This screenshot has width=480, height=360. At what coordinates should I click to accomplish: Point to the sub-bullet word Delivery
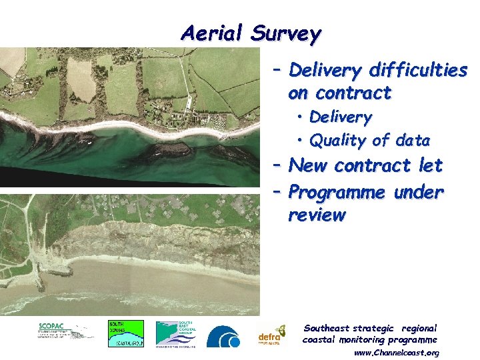340,117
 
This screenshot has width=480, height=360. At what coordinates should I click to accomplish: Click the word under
418,193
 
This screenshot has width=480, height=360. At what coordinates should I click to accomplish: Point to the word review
317,215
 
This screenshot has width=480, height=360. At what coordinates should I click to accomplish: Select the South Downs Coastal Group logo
125,333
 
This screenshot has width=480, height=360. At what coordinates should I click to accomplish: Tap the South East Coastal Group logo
176,333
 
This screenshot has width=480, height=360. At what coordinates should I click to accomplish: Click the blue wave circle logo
223,336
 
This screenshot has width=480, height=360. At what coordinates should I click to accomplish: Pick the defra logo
271,335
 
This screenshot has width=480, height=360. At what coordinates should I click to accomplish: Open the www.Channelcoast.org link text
396,352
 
